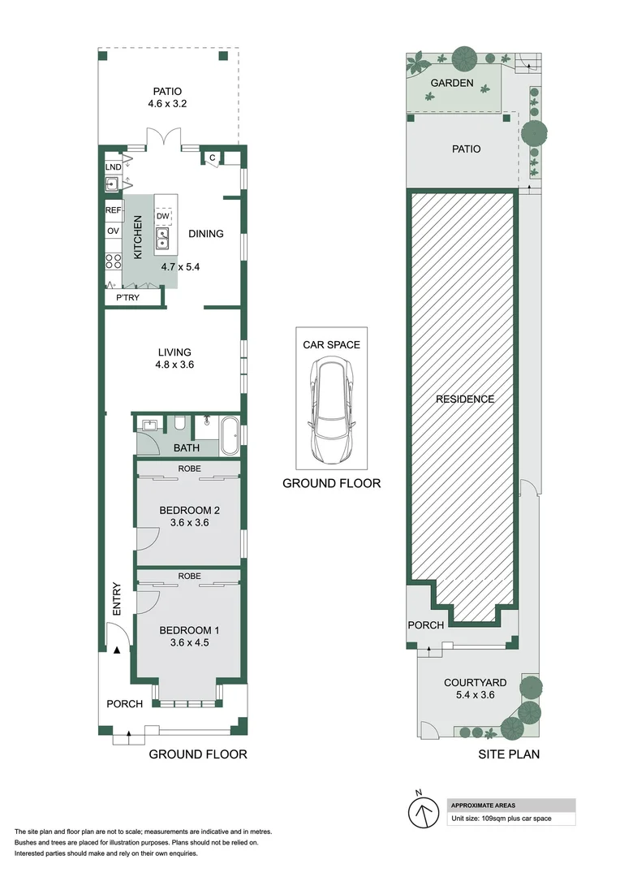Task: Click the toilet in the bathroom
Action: (179, 423)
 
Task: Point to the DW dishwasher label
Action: (163, 216)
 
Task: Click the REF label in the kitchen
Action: (113, 210)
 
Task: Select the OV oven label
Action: (113, 231)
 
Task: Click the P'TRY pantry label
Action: (128, 298)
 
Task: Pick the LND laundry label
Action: (113, 167)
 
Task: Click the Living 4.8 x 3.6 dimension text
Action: (174, 365)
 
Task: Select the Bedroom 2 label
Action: (189, 510)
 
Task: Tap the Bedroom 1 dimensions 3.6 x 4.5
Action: (189, 643)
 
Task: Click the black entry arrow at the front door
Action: (117, 650)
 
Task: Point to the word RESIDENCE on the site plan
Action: (465, 399)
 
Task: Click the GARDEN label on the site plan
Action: (452, 83)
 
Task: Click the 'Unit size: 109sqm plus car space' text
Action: (502, 819)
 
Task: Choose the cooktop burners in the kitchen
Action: (113, 261)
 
